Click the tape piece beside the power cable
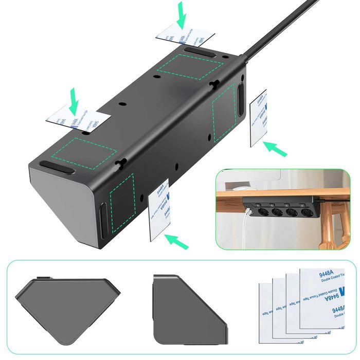click(x=258, y=118)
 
